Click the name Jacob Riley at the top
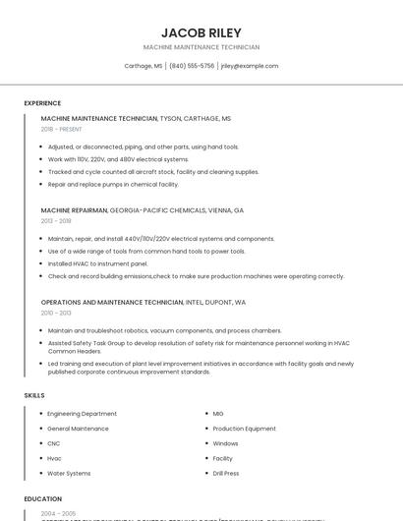pyautogui.click(x=201, y=32)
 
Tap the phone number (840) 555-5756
pyautogui.click(x=192, y=66)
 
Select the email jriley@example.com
pyautogui.click(x=250, y=66)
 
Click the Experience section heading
pyautogui.click(x=42, y=103)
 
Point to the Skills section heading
pyautogui.click(x=34, y=395)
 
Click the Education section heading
pyautogui.click(x=43, y=499)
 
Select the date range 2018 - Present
pyautogui.click(x=61, y=129)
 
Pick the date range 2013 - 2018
pyautogui.click(x=56, y=221)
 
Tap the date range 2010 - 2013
pyautogui.click(x=56, y=313)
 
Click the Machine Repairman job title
pyautogui.click(x=75, y=210)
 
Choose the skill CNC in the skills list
pyautogui.click(x=54, y=443)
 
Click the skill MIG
pyautogui.click(x=218, y=414)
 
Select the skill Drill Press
pyautogui.click(x=226, y=473)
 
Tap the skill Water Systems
pyautogui.click(x=69, y=473)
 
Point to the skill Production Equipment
pyautogui.click(x=244, y=429)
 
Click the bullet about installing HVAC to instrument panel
pyautogui.click(x=97, y=263)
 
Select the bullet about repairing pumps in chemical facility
pyautogui.click(x=113, y=184)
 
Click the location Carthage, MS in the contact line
pyautogui.click(x=144, y=66)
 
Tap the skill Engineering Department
pyautogui.click(x=82, y=414)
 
